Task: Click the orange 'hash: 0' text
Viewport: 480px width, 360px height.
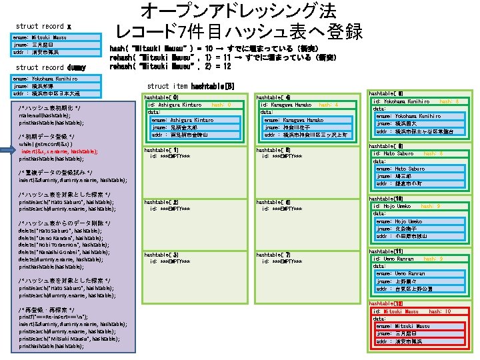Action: point(221,105)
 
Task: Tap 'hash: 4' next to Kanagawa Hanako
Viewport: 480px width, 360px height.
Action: point(329,105)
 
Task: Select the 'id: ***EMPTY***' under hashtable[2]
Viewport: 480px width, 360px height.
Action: point(170,208)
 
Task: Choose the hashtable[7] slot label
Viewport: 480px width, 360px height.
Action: point(273,255)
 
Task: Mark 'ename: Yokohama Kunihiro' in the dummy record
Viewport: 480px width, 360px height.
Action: point(45,79)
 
